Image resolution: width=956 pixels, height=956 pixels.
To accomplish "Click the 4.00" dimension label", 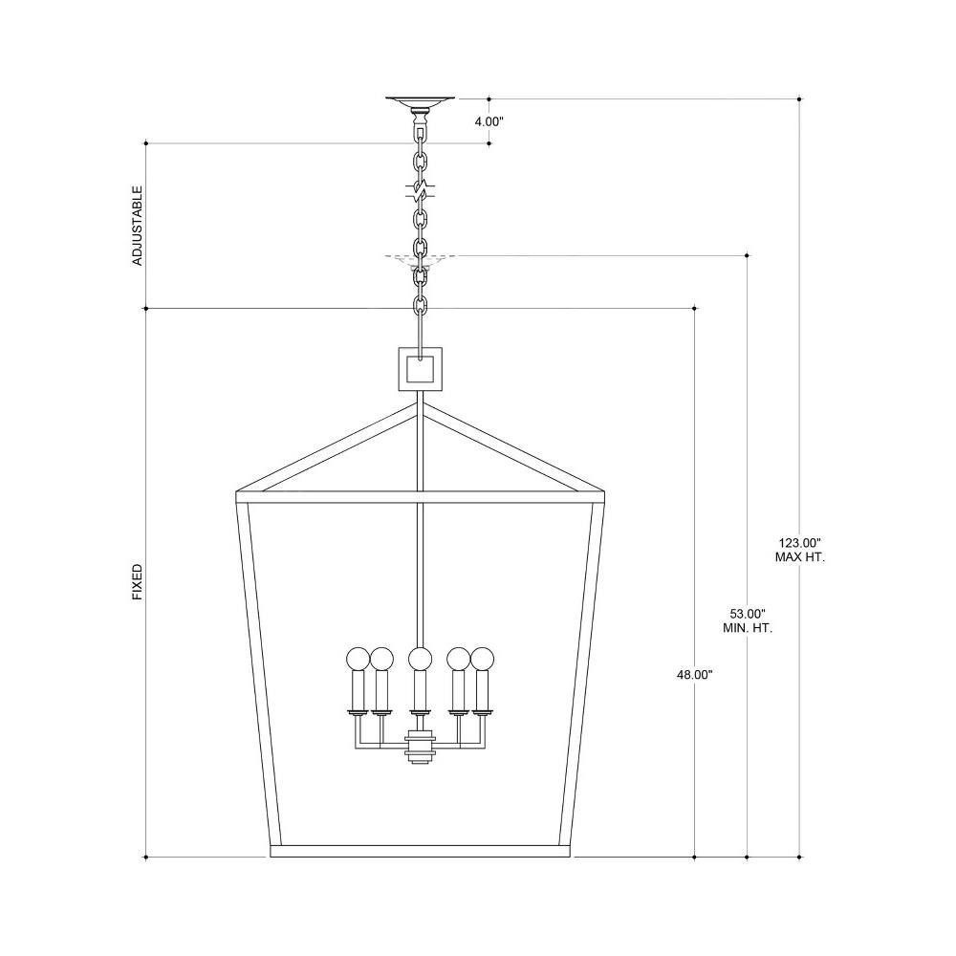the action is pos(489,121).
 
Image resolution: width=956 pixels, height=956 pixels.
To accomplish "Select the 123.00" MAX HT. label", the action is pos(800,550).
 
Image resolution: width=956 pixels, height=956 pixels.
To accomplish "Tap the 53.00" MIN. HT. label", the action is pos(748,620).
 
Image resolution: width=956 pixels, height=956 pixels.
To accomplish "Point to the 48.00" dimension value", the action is pos(694,675).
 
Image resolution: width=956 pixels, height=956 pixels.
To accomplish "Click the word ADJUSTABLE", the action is pos(138,226).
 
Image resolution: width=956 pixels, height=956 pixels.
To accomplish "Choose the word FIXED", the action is pos(138,581).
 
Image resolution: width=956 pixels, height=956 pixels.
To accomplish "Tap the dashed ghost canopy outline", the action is pos(420,260).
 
